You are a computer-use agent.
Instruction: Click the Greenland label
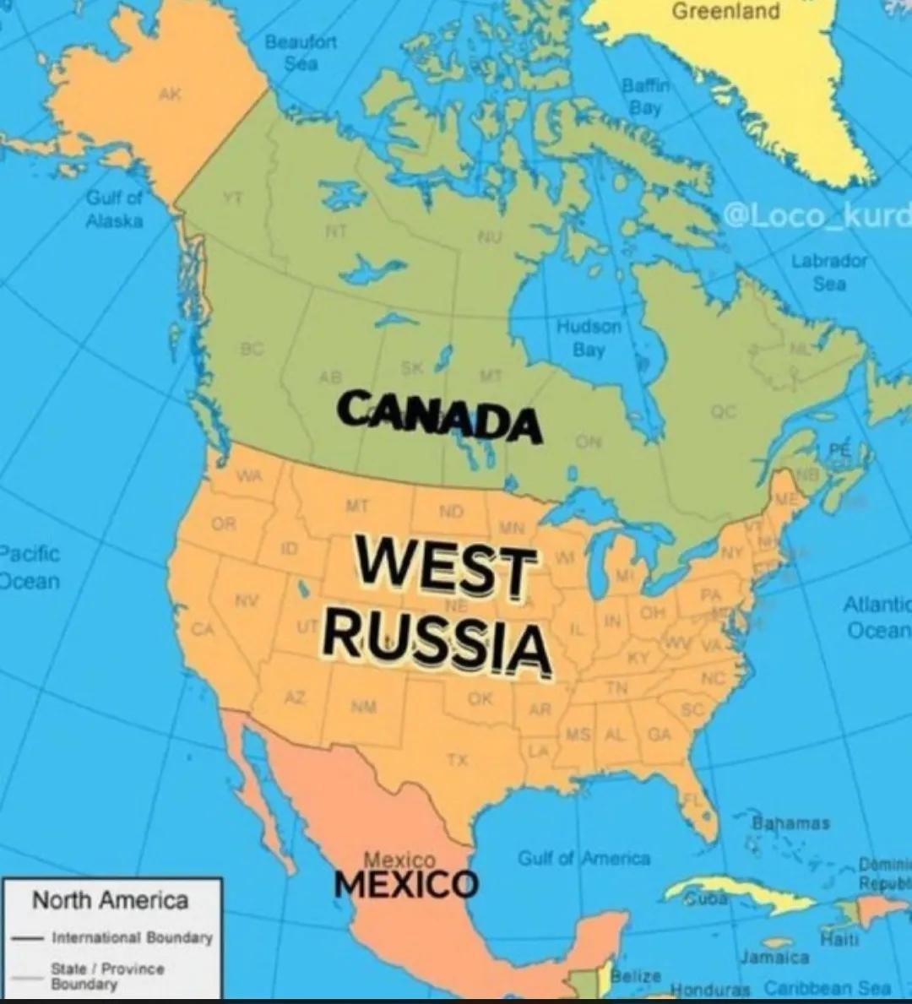point(725,12)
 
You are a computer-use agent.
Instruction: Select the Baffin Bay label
point(644,96)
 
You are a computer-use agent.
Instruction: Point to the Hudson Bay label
point(589,337)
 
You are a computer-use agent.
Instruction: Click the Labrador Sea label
point(829,272)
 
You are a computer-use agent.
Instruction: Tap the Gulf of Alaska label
point(114,209)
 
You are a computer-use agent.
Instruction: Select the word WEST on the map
point(446,567)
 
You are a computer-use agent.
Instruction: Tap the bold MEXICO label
point(406,884)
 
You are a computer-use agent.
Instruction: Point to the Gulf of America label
point(584,859)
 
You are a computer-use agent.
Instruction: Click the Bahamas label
point(790,822)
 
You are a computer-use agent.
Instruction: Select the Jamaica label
point(775,958)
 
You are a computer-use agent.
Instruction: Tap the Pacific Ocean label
point(30,567)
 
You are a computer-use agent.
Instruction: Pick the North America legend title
point(110,900)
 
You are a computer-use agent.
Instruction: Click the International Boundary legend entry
point(132,937)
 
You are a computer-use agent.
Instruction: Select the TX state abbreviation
point(457,760)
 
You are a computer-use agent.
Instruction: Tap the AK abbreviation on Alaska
point(169,95)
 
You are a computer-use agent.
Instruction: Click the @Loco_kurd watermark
point(816,215)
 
